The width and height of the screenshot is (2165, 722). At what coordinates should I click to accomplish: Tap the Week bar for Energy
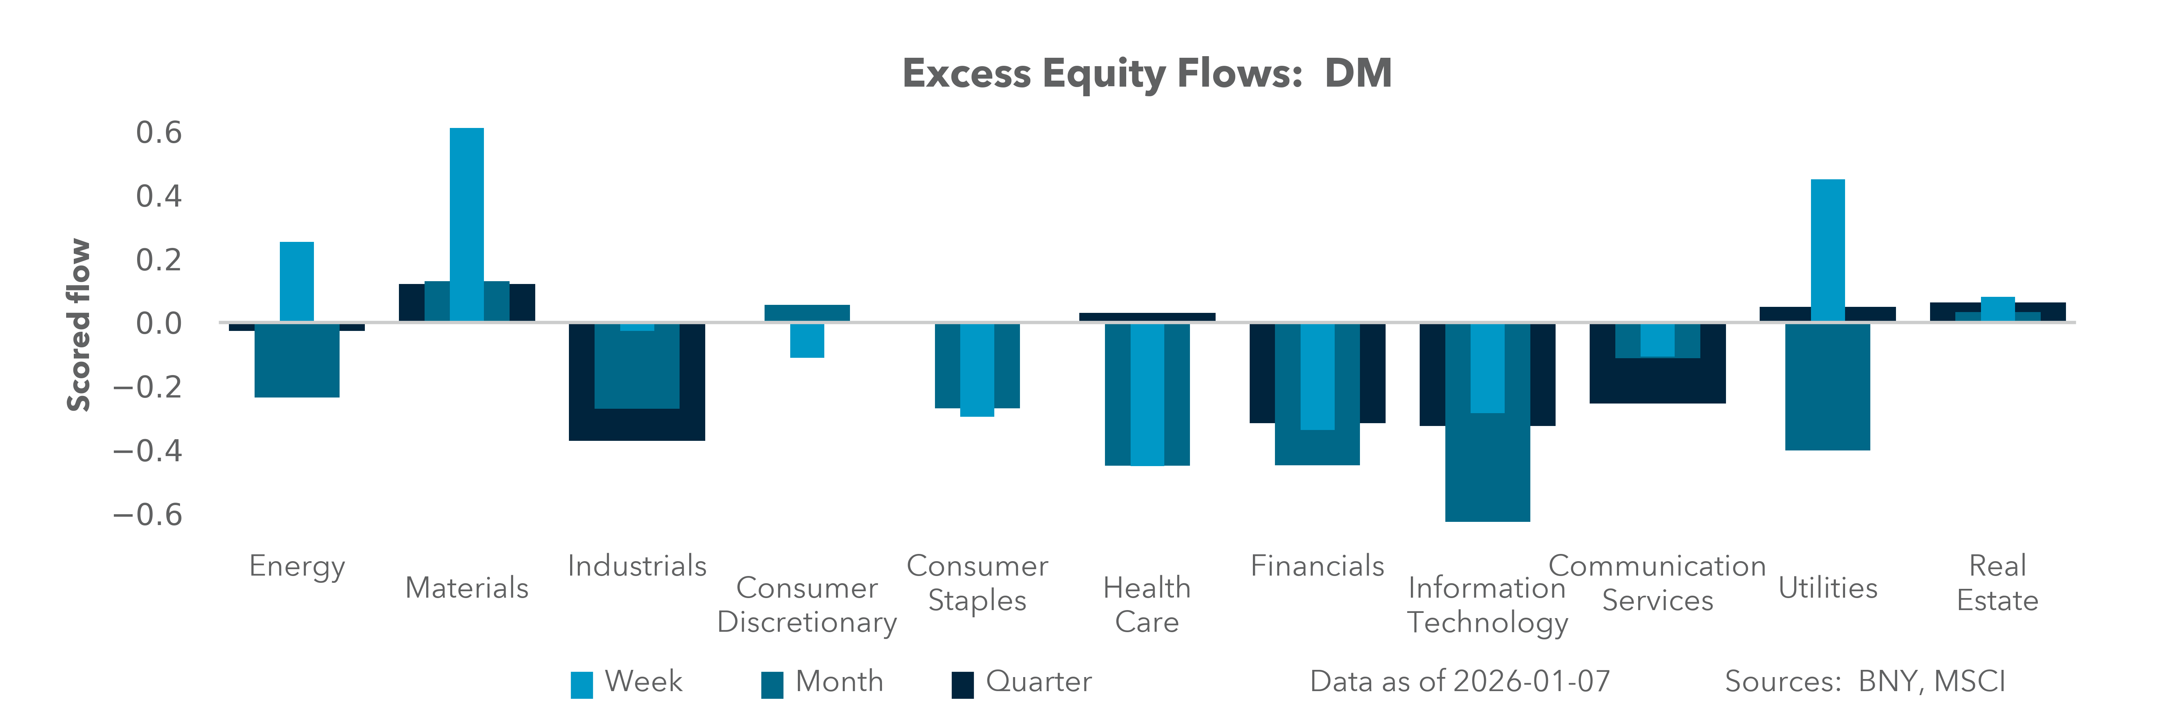point(297,282)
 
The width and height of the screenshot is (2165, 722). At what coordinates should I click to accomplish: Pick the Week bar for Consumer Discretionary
point(807,341)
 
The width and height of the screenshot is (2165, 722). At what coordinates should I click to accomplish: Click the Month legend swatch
point(771,684)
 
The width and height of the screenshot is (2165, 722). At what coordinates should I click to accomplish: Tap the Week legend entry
point(643,681)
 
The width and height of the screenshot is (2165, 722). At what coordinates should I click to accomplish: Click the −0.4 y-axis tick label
point(148,451)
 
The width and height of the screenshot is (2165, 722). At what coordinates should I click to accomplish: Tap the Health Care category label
point(1146,604)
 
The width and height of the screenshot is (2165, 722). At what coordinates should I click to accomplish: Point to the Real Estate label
point(1997,582)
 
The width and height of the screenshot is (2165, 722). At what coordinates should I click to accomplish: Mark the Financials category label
point(1317,566)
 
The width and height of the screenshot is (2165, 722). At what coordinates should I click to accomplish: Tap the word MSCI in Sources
point(1969,681)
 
